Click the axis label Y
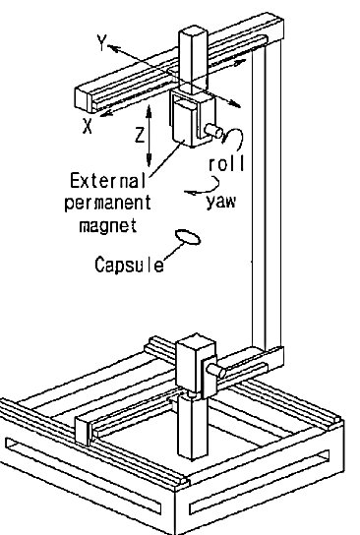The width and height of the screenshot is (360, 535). point(101,42)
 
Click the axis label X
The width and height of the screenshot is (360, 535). point(88,126)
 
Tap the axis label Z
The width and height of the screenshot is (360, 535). point(140,135)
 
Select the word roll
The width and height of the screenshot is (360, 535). point(226,163)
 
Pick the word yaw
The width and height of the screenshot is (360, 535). point(220,202)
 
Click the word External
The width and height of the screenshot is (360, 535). point(108,181)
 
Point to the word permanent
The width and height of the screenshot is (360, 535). point(107,204)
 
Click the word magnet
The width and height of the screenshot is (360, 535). point(108,225)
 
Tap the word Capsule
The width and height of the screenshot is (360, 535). point(129,265)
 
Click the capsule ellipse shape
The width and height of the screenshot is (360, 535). point(188,237)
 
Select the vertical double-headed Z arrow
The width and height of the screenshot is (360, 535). point(149,136)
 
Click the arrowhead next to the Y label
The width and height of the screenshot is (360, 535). point(113,48)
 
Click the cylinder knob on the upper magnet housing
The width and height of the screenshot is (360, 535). point(213,131)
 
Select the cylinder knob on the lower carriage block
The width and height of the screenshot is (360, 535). point(216,371)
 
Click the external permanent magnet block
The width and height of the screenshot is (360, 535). point(184,125)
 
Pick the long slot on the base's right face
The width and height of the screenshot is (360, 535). point(260,483)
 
